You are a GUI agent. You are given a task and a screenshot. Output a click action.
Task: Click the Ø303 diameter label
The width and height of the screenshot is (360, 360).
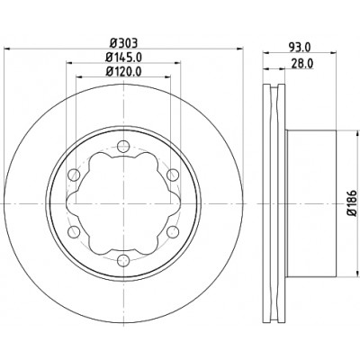(x=123, y=43)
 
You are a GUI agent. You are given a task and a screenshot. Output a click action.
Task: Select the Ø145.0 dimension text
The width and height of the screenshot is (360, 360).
(x=123, y=57)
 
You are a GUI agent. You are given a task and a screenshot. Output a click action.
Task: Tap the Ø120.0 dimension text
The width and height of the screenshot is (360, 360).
(x=123, y=71)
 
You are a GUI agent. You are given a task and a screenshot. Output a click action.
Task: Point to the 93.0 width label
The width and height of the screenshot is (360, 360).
(x=300, y=47)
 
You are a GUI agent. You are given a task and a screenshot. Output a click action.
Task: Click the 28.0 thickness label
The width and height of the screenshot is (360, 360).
(x=302, y=63)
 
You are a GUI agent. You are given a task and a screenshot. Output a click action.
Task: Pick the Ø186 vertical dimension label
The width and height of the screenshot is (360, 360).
(x=353, y=203)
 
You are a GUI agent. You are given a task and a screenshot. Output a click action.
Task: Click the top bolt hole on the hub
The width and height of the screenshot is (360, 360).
(x=123, y=147)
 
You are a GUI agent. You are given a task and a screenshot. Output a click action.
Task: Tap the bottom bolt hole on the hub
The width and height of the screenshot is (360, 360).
(x=123, y=260)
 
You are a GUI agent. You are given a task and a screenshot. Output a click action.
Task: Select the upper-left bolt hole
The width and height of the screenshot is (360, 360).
(x=74, y=175)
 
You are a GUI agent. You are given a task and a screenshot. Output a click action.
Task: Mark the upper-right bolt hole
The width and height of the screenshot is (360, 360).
(x=173, y=175)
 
